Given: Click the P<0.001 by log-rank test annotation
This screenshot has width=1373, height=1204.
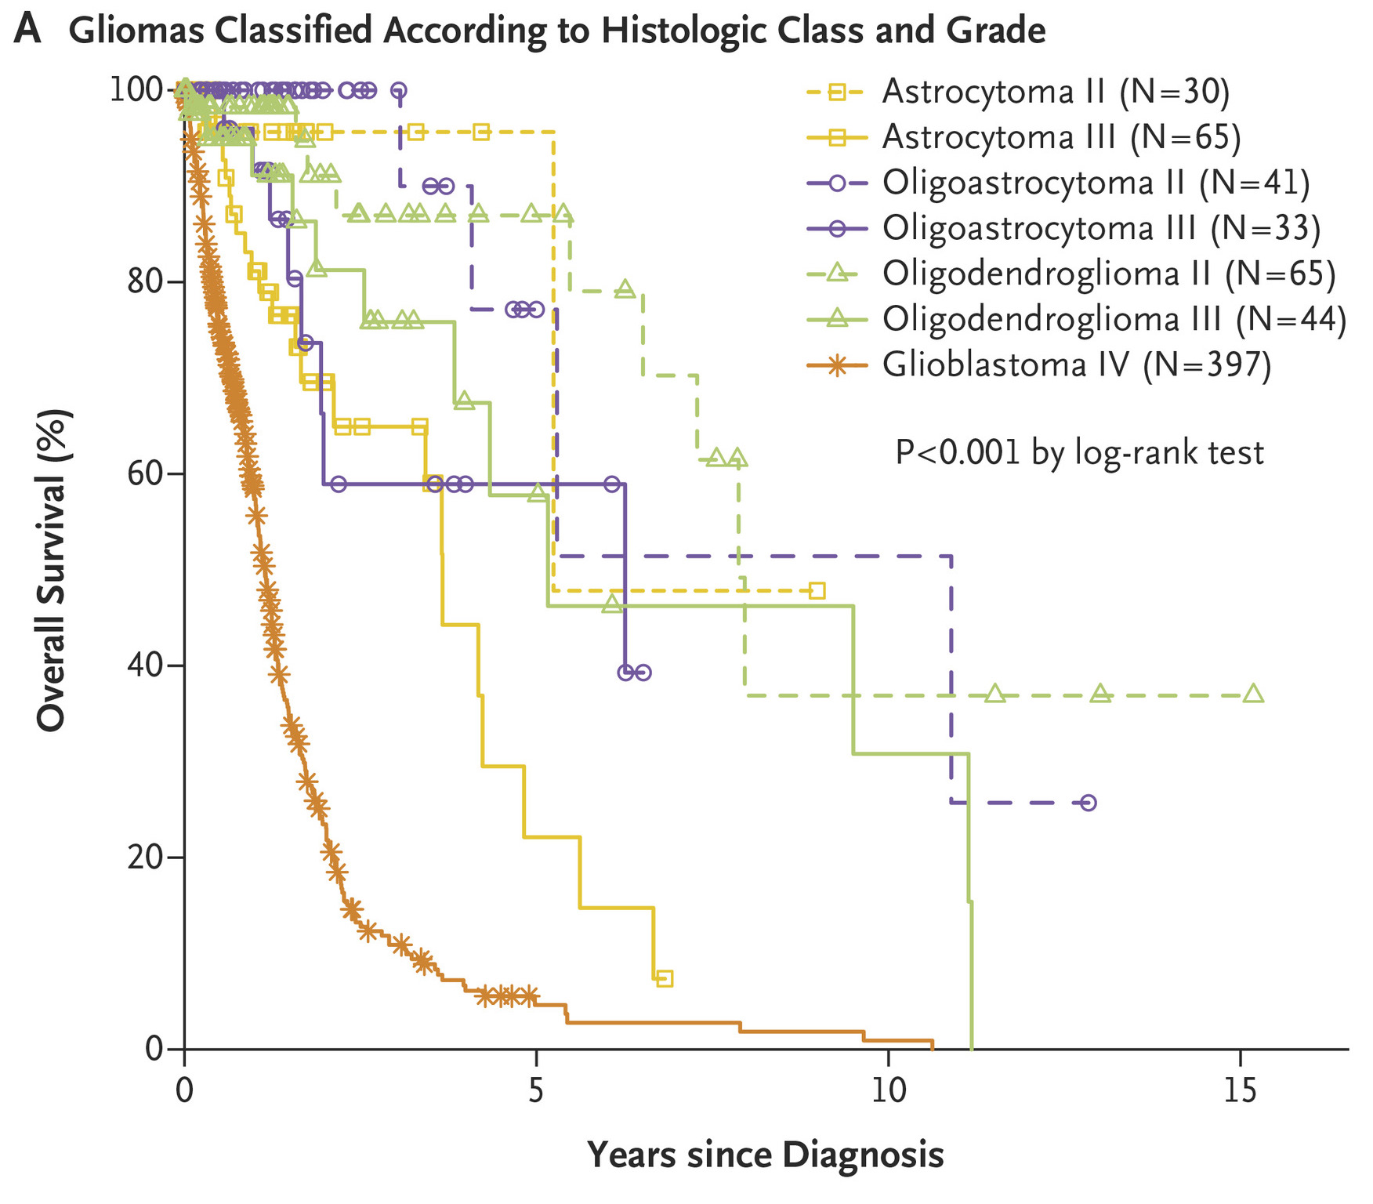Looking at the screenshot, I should click(1079, 453).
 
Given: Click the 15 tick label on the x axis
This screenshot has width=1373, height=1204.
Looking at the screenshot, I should click(1240, 1090).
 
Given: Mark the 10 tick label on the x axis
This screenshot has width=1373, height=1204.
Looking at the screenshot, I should click(888, 1090).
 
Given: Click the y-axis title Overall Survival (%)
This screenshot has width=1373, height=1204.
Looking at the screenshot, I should click(51, 570).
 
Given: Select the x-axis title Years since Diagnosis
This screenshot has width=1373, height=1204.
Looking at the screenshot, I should click(765, 1155).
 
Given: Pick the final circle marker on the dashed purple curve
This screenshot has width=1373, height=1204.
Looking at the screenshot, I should click(1088, 803).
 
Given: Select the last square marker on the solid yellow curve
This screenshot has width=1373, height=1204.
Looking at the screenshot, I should click(664, 978).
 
